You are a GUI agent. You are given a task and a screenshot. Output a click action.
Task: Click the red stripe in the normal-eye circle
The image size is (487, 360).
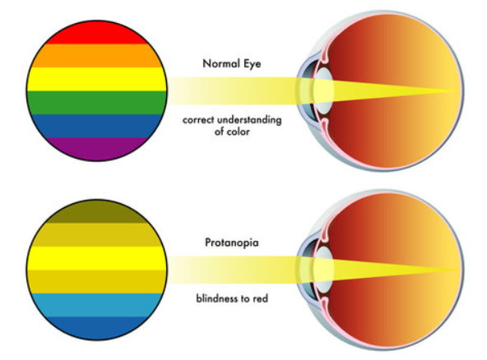click(x=96, y=33)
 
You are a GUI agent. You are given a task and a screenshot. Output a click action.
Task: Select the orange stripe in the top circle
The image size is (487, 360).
click(x=96, y=56)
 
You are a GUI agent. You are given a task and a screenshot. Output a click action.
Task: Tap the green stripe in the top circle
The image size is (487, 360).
click(x=96, y=103)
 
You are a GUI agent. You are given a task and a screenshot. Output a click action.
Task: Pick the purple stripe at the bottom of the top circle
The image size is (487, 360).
click(x=96, y=149)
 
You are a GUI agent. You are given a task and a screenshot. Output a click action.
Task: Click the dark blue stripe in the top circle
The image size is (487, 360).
click(x=96, y=126)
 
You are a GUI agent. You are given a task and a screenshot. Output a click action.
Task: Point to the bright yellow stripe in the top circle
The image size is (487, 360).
click(x=96, y=79)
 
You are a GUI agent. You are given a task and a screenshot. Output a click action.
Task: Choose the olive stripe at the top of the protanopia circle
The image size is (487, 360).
click(x=96, y=212)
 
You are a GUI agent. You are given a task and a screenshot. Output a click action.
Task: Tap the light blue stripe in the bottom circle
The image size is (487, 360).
click(x=96, y=305)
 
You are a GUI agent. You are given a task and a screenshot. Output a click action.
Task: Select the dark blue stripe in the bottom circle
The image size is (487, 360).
click(x=96, y=328)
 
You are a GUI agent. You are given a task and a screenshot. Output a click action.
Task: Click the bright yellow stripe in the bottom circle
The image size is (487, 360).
click(x=96, y=258)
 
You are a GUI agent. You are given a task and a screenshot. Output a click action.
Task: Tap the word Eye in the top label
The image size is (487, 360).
click(x=252, y=64)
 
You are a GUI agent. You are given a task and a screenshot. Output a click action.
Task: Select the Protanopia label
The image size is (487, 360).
click(x=232, y=242)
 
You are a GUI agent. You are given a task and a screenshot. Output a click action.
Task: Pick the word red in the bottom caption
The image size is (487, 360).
click(x=259, y=298)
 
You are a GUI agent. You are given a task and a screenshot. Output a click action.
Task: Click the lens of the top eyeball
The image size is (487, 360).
click(x=323, y=91)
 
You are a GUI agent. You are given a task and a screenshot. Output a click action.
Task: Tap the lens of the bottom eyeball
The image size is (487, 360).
click(x=323, y=270)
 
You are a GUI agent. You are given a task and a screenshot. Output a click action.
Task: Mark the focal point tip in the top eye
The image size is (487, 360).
click(x=458, y=91)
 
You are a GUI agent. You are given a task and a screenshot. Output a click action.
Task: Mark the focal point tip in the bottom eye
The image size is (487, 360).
click(x=458, y=270)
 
